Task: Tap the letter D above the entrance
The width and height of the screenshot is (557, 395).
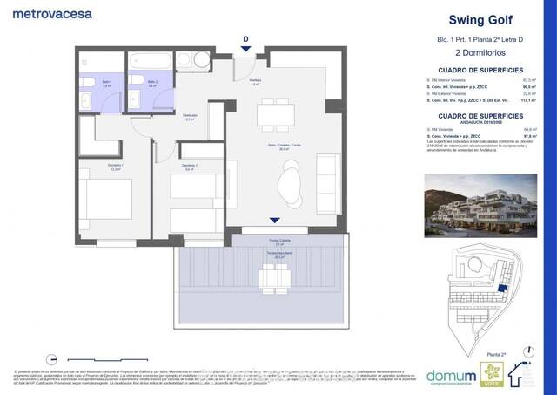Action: pyautogui.click(x=246, y=38)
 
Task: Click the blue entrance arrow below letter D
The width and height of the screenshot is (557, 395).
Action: pyautogui.click(x=246, y=50)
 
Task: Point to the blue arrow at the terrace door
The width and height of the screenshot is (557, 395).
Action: pyautogui.click(x=276, y=221)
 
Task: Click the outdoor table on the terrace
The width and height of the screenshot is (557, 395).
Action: pyautogui.click(x=275, y=276)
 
